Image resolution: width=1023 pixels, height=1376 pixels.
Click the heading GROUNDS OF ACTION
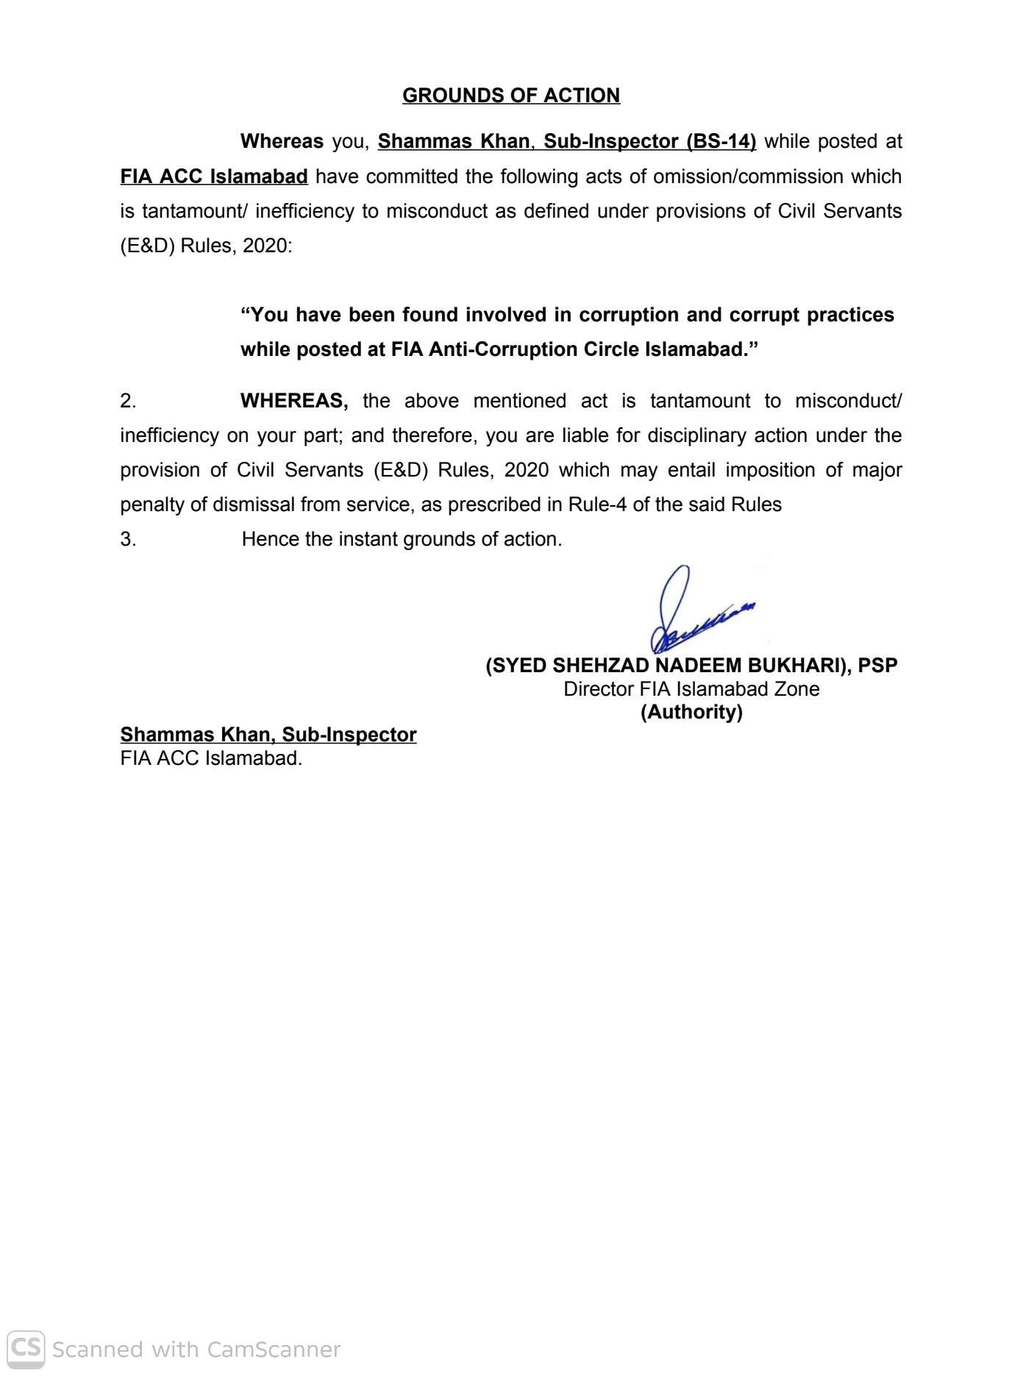(x=510, y=96)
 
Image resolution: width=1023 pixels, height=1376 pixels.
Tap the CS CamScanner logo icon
(x=26, y=1348)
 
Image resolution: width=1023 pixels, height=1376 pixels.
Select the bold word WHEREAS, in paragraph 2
(x=294, y=401)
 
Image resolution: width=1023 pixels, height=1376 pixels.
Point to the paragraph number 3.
(x=128, y=539)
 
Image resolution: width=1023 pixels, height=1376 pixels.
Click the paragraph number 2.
(x=128, y=401)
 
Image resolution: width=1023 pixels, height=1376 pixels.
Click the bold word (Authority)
(x=691, y=712)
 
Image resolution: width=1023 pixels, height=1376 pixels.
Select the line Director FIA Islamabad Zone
(x=691, y=689)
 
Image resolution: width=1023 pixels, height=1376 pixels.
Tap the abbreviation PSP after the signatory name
(x=877, y=666)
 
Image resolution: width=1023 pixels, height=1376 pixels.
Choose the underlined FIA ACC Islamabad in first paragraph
(x=214, y=177)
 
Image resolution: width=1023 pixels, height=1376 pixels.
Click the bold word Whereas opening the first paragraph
(x=282, y=141)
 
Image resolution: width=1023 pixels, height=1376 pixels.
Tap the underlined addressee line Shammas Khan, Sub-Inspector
(x=268, y=735)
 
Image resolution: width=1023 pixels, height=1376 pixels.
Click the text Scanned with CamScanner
(x=196, y=1350)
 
